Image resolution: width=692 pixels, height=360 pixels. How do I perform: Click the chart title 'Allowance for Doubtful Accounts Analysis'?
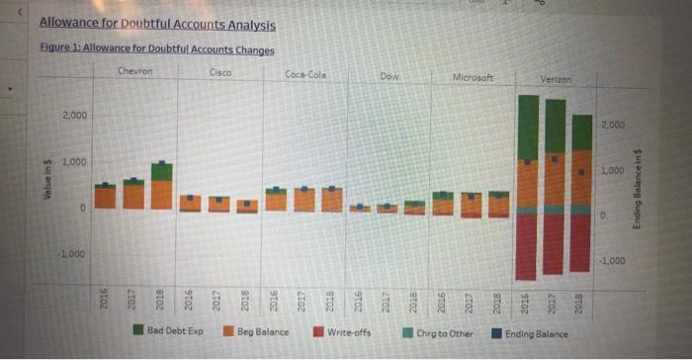point(157,24)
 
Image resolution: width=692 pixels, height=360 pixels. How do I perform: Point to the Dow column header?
point(389,76)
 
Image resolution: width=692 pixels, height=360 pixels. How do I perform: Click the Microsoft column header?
point(474,77)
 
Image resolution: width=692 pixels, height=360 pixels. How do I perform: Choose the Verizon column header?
point(558,78)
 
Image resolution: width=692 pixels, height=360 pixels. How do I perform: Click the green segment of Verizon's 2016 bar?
point(528,126)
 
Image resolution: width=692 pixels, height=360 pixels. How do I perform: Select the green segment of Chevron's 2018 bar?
point(162,172)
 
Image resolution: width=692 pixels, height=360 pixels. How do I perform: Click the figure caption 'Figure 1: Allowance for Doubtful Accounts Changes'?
point(155,49)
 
